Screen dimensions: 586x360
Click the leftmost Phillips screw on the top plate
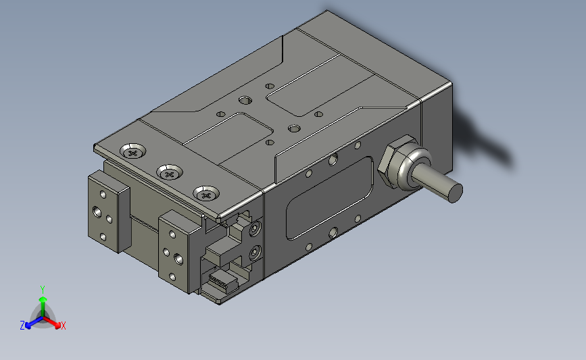[133, 152]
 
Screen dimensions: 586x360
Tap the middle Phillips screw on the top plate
[170, 173]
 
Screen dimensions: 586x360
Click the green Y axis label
[43, 290]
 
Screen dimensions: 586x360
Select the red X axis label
[63, 326]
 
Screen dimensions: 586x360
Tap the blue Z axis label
[22, 326]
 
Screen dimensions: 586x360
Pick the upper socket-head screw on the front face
[255, 229]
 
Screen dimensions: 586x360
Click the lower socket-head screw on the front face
[255, 253]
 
